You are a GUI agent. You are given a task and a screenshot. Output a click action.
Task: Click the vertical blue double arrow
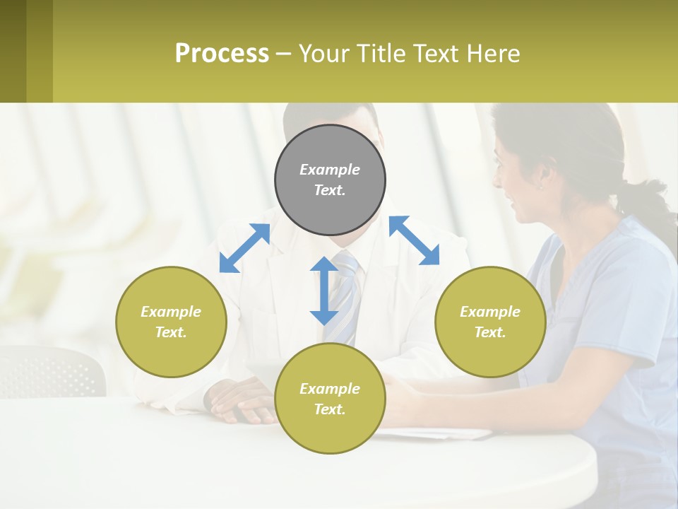tap(324, 291)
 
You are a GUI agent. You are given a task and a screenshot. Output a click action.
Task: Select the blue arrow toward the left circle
tap(244, 247)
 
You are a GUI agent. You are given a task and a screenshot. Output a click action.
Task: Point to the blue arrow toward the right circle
tap(415, 240)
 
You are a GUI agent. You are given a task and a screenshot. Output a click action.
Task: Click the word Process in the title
tap(222, 53)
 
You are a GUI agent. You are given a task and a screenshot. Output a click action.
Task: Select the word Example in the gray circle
tap(330, 170)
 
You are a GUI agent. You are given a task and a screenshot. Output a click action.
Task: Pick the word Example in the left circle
tap(171, 312)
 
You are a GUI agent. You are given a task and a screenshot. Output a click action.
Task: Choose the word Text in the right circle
tap(490, 332)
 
